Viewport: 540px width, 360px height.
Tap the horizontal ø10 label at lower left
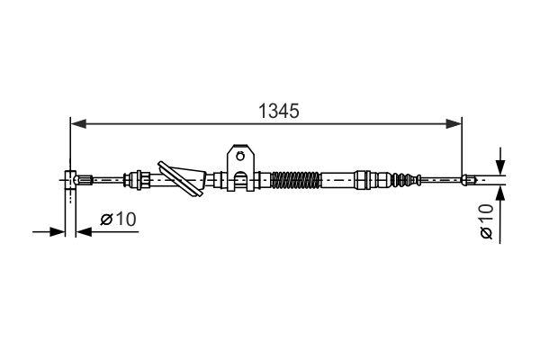[117, 219]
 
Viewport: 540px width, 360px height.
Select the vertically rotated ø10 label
[487, 220]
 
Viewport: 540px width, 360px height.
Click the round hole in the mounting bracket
[240, 159]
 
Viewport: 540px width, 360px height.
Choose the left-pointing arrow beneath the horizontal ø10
[83, 232]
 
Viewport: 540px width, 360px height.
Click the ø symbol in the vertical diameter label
[487, 233]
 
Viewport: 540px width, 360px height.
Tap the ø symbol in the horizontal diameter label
[105, 219]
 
